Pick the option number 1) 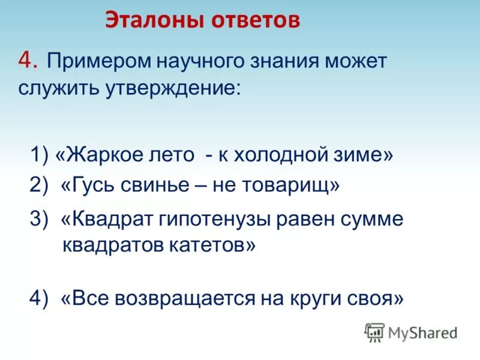[x=40, y=155]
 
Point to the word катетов [x=212, y=245]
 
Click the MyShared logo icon [x=374, y=332]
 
